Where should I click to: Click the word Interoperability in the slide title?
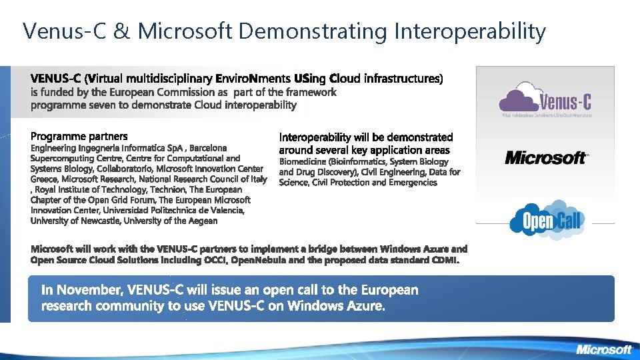tap(471, 31)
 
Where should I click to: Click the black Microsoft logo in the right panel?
tap(546, 157)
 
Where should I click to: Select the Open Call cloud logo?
tap(546, 219)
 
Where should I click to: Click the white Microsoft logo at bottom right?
tap(603, 349)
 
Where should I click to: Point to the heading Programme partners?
tap(79, 137)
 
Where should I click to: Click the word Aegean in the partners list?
tap(203, 221)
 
